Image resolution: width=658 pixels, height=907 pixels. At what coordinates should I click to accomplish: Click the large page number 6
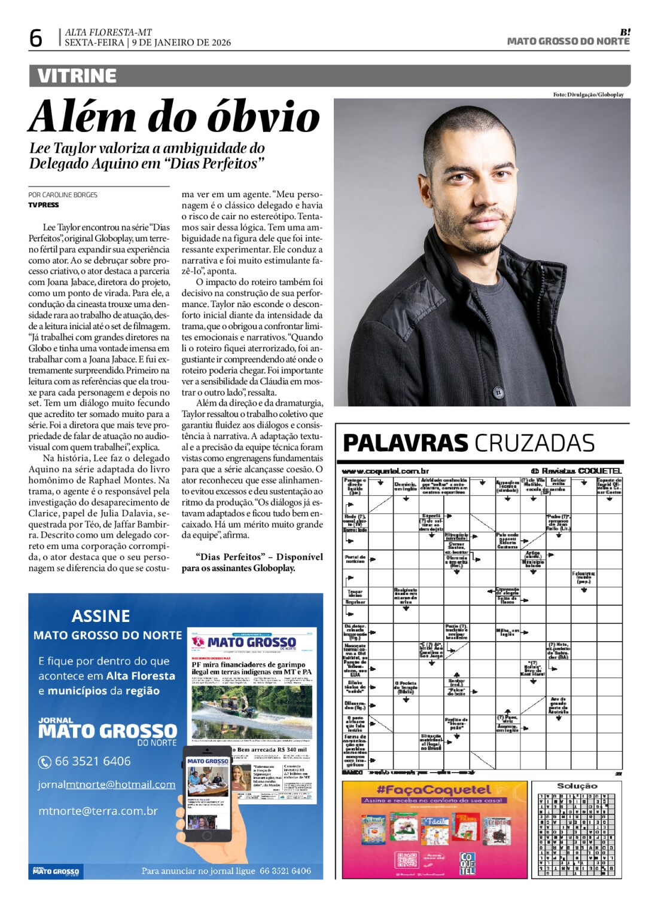(36, 38)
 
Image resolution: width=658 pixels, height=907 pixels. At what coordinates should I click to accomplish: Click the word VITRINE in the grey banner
(77, 76)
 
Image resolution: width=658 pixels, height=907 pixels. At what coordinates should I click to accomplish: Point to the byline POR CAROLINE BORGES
(63, 195)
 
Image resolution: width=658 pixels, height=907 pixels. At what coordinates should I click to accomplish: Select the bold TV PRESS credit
(44, 205)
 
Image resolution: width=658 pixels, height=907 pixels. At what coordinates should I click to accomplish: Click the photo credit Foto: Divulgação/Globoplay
(588, 94)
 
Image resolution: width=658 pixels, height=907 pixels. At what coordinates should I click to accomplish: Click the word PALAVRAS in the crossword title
(405, 443)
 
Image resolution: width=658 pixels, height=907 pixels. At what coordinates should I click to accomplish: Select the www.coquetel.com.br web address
(385, 471)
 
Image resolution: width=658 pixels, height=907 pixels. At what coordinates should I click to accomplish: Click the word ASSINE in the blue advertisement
(100, 616)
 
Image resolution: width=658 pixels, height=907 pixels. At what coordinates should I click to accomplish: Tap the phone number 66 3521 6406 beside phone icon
(93, 761)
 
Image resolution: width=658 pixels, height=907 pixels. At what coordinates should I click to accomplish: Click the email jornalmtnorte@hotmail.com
(106, 785)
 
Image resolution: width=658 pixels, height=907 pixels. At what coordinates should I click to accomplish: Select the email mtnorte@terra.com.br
(98, 811)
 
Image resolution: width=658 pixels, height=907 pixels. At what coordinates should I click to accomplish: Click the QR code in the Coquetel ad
(407, 860)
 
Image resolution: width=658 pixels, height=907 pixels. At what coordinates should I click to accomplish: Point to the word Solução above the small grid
(577, 786)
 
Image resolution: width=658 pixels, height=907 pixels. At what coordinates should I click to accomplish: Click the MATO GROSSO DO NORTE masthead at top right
(568, 41)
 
